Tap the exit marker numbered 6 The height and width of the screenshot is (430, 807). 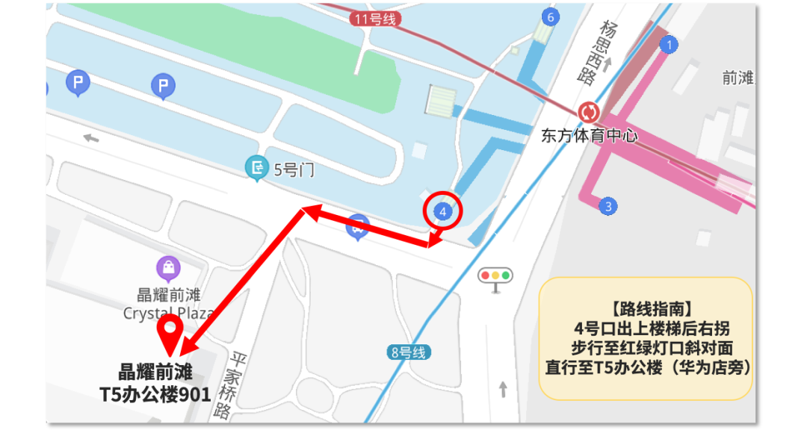551,17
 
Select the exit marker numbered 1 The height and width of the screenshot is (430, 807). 669,45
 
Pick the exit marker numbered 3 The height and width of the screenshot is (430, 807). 608,206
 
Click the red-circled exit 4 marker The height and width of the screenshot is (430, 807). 443,211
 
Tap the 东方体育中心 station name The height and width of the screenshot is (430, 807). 590,137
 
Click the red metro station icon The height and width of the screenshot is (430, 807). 589,113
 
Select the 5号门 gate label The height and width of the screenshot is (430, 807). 294,170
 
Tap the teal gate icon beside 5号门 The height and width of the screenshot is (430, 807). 257,168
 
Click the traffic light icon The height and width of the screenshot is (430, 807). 495,275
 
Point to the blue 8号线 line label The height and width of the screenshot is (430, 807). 408,352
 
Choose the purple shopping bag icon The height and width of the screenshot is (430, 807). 169,267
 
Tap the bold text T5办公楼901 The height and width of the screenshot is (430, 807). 155,395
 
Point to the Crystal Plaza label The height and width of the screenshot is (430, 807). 169,314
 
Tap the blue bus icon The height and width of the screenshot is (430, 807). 359,227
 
